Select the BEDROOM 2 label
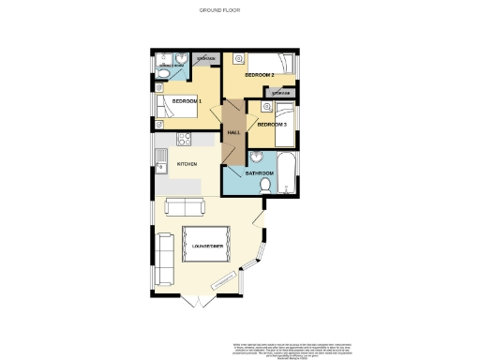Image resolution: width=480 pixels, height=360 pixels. point(259,74)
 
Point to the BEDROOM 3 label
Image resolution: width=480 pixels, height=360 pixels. point(271,125)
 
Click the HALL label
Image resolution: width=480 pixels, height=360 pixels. point(233,132)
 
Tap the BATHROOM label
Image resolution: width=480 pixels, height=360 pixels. point(259,173)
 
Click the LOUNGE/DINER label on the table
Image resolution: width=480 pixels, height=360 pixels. point(206,246)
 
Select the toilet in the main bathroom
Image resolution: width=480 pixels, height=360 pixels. point(265,187)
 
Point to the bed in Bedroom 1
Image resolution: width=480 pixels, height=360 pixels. point(177,106)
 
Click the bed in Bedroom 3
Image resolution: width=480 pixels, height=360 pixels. point(285,126)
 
